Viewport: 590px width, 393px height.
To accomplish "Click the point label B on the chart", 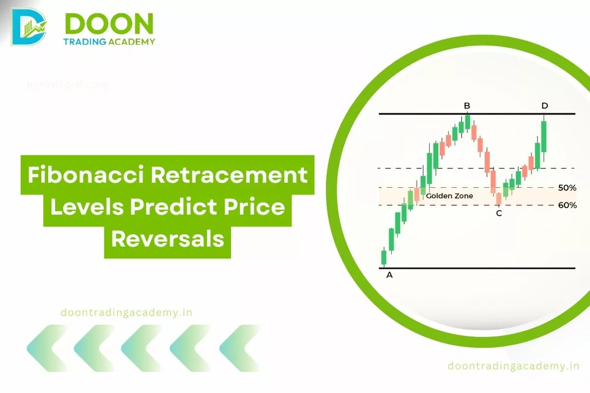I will pos(467,106).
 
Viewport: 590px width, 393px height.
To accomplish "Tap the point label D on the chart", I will pos(544,106).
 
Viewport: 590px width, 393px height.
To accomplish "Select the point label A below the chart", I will pos(389,275).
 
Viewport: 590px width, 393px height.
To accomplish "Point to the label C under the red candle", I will pos(499,213).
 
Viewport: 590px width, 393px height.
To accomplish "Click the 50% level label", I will pos(567,188).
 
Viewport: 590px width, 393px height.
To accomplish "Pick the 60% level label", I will pos(567,205).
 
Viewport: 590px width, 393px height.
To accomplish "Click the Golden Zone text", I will pos(449,196).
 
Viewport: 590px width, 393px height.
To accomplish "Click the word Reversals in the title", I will pos(167,240).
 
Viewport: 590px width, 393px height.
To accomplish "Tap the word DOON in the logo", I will pos(109,23).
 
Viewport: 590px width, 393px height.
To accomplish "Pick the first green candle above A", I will pos(384,257).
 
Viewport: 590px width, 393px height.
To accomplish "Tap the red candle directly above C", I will pos(499,198).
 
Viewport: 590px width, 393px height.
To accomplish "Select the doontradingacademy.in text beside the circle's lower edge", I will pos(514,365).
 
